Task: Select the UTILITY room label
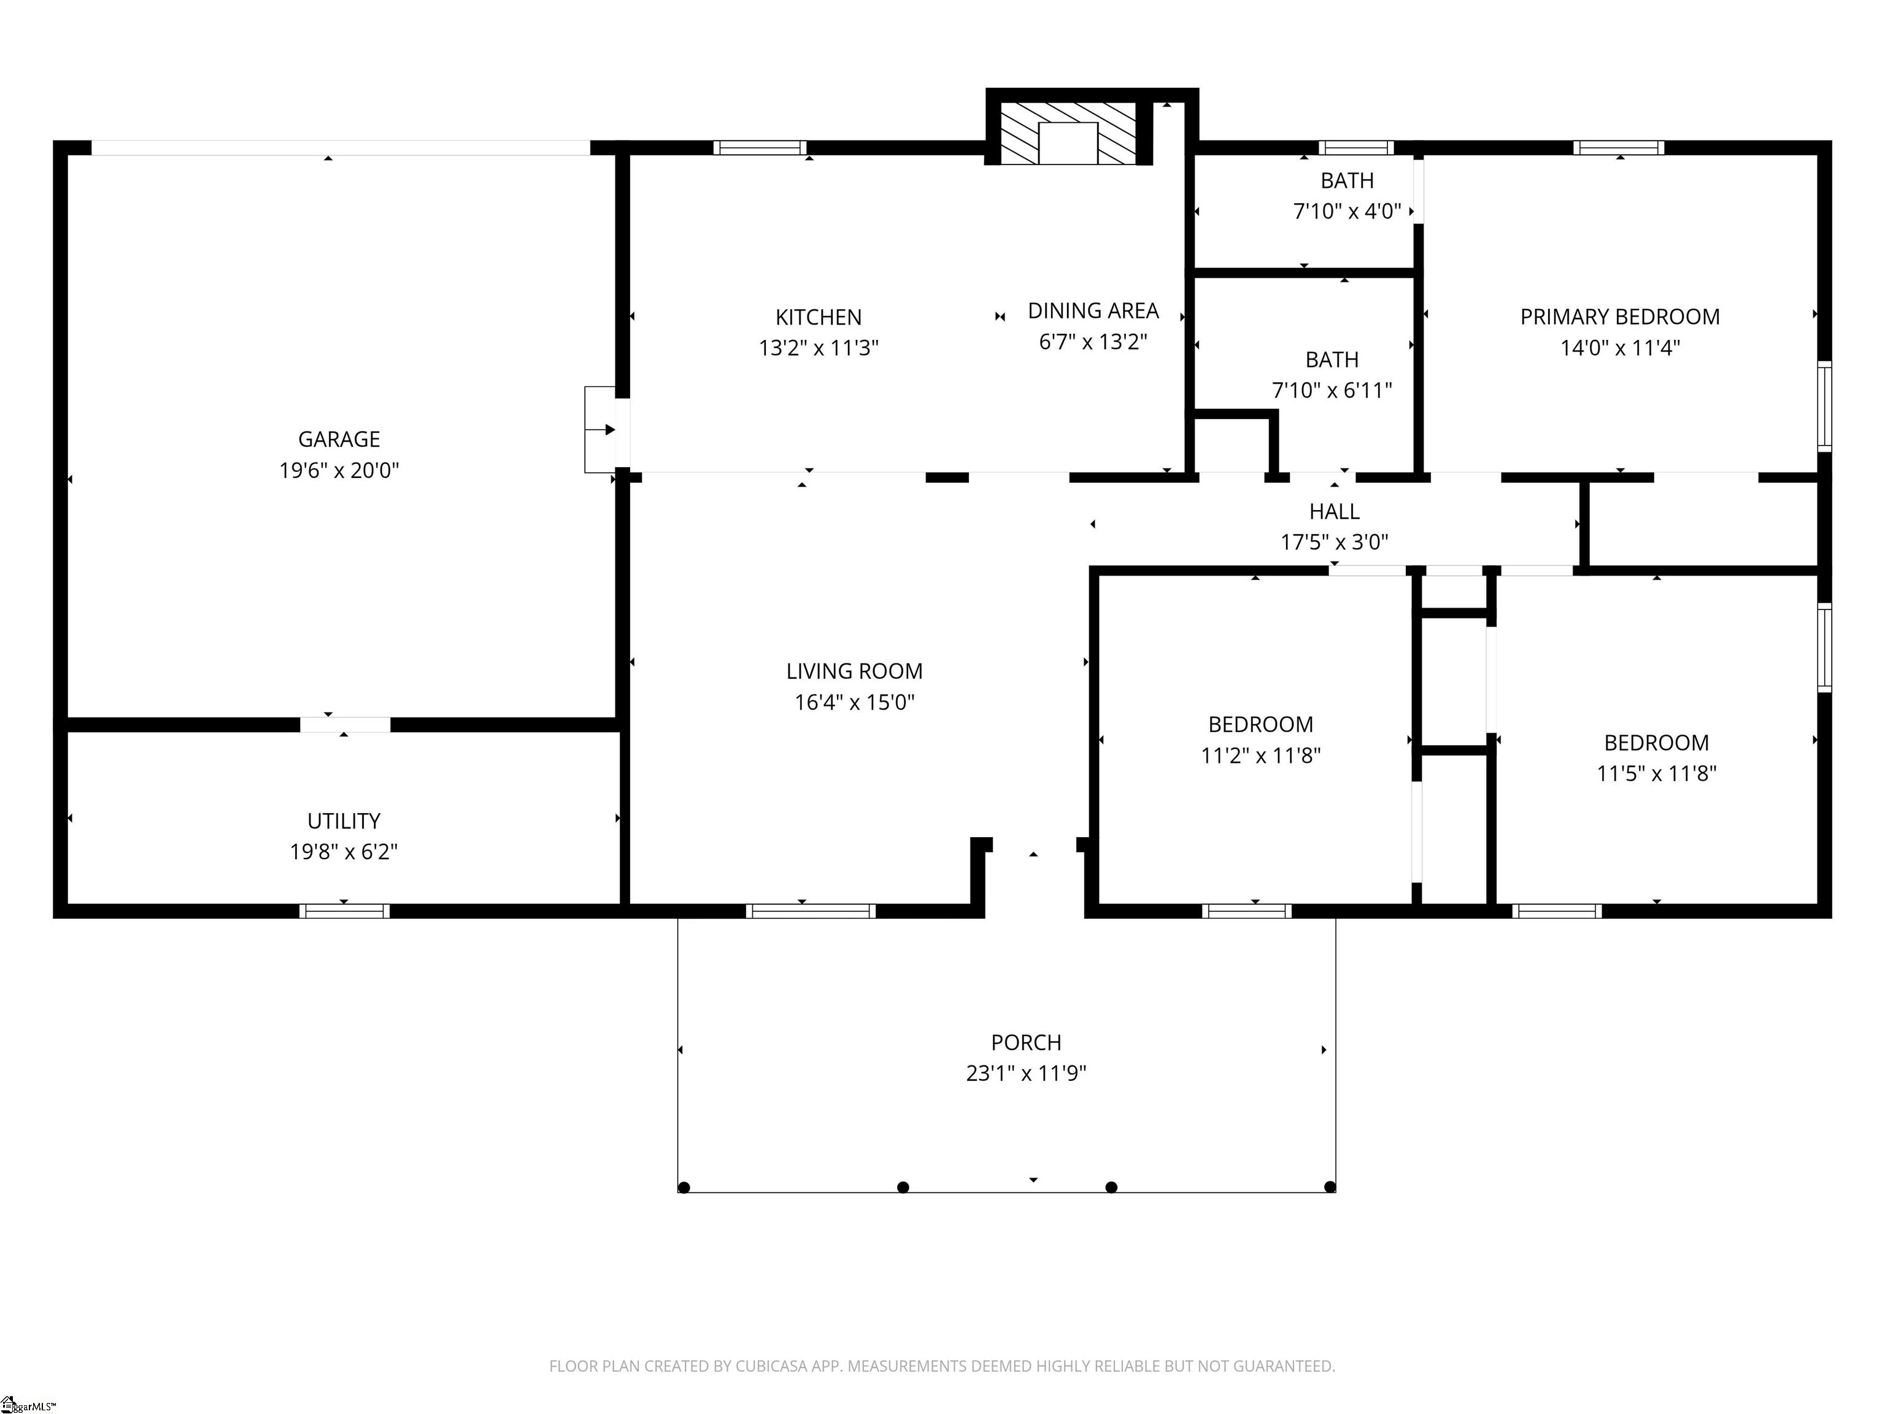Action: (344, 821)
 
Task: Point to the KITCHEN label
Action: (818, 317)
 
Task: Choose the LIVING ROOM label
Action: (854, 671)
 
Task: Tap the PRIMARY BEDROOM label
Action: (1619, 317)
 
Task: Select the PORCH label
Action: (1026, 1042)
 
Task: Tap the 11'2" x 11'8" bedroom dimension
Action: (1260, 755)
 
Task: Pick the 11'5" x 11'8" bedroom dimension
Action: (1656, 773)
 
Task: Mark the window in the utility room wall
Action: (344, 911)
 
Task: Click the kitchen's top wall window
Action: (759, 147)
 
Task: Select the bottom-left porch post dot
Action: (684, 1188)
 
